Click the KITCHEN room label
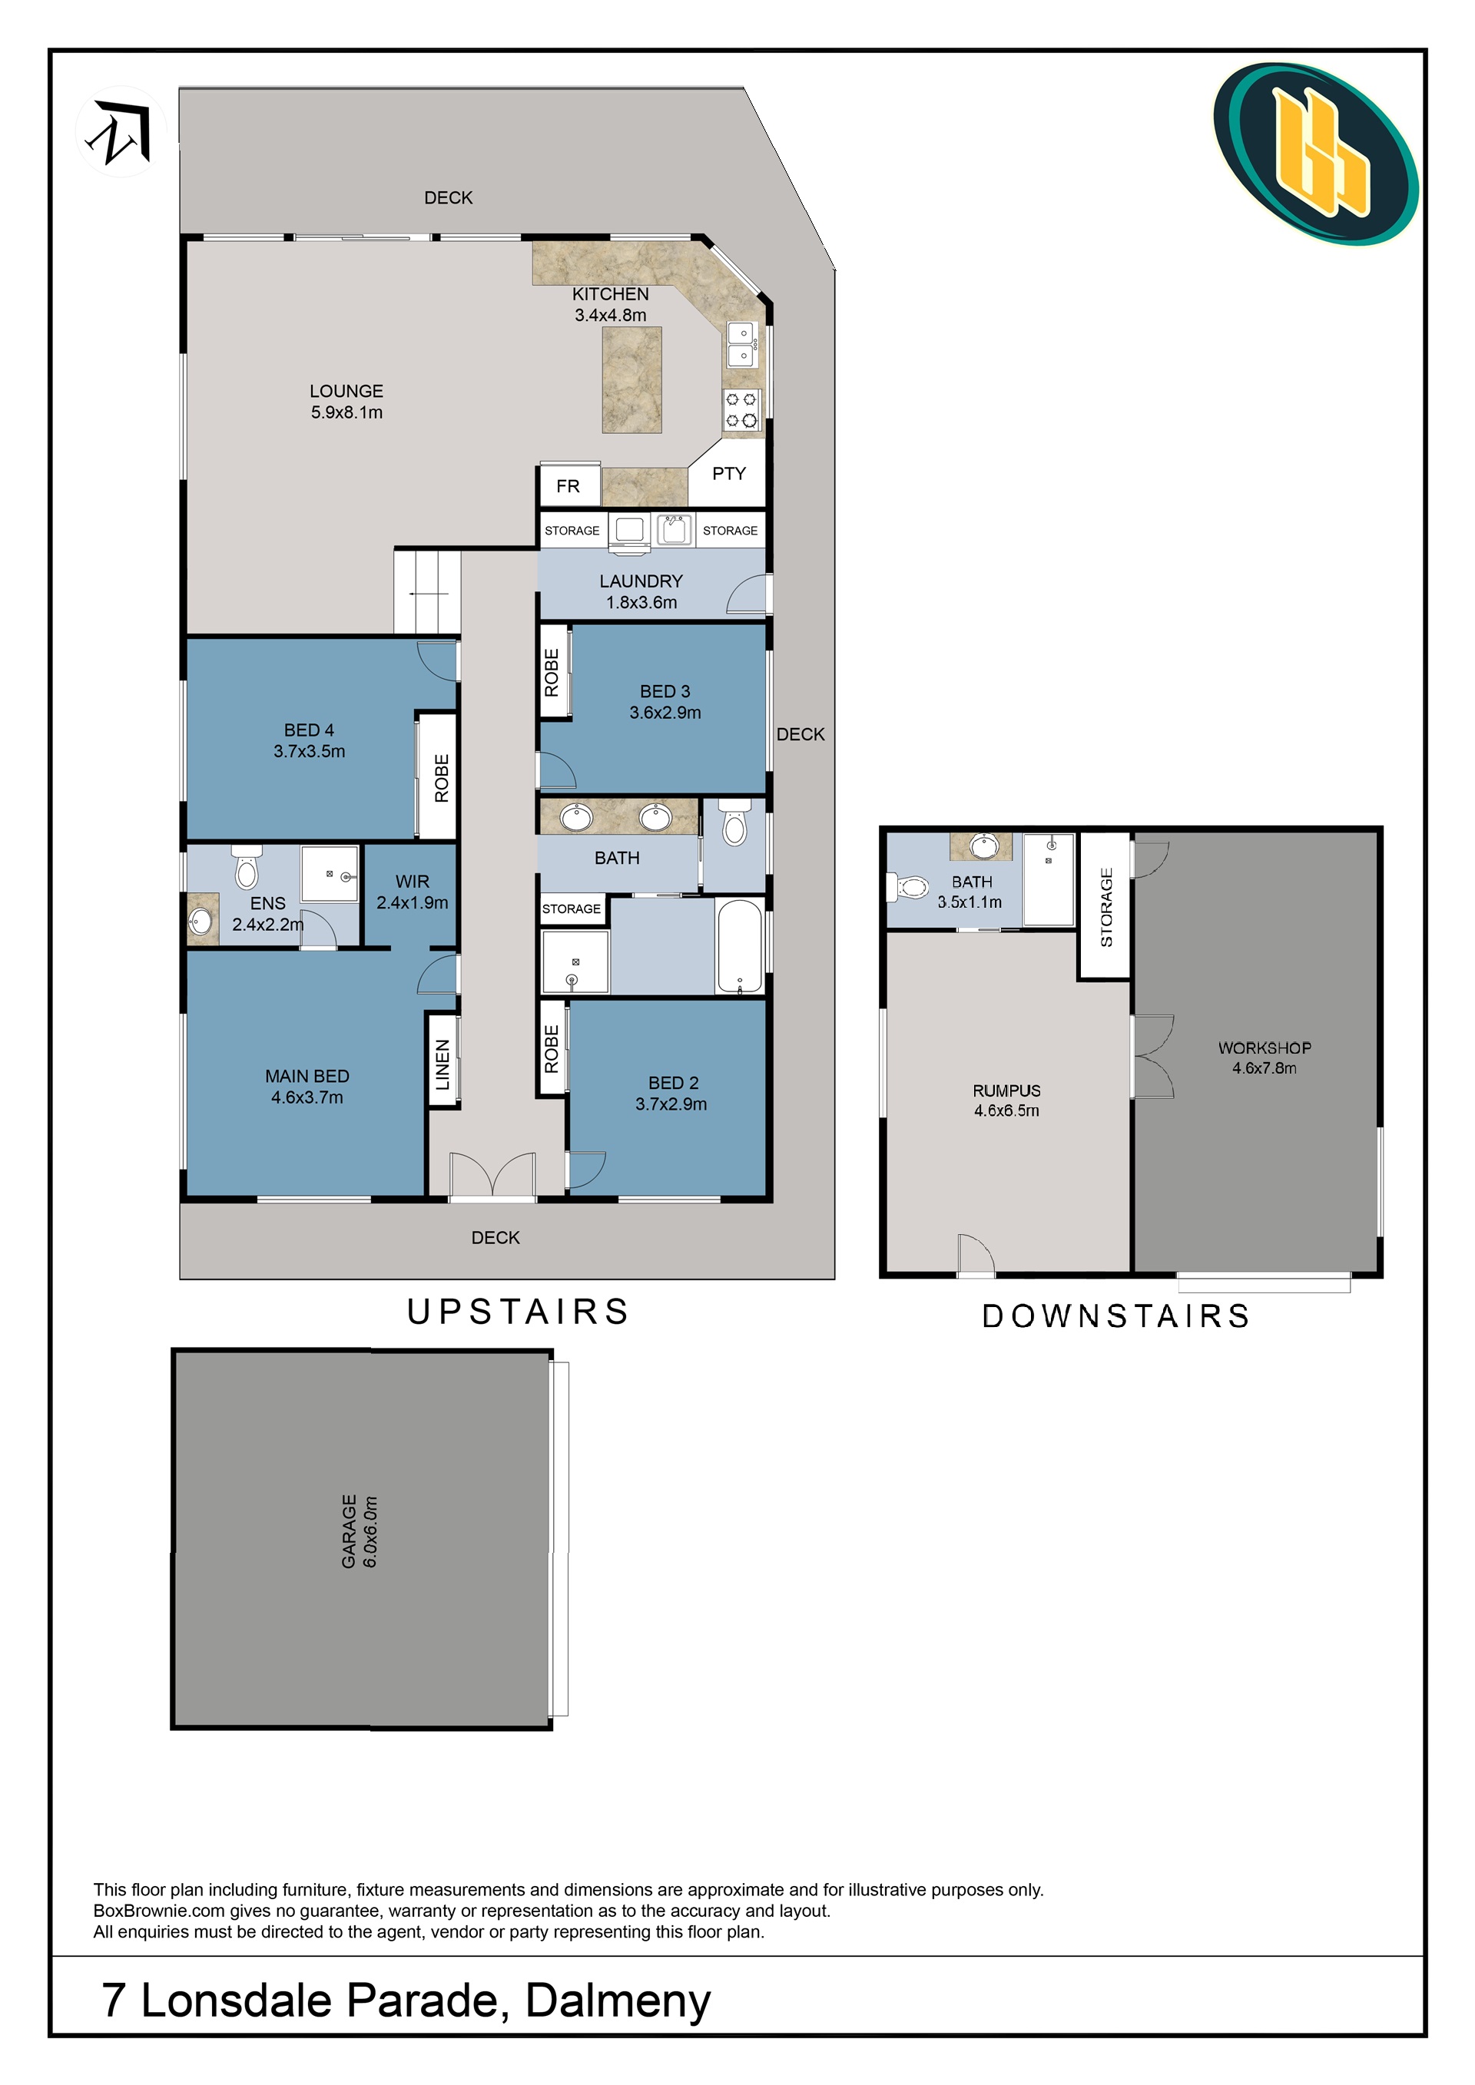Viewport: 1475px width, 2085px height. (610, 294)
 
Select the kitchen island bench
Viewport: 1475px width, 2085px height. (631, 379)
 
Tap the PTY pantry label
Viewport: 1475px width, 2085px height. (728, 473)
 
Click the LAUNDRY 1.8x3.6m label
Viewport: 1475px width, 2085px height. (641, 591)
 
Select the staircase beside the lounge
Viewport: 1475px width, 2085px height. (427, 591)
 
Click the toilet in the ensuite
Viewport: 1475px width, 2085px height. (246, 866)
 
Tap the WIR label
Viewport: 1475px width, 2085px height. (413, 881)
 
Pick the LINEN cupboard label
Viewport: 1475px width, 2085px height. (443, 1064)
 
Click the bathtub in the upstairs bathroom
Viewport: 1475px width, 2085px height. (741, 945)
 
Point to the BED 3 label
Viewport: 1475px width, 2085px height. (665, 691)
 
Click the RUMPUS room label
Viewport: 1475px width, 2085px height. (1006, 1090)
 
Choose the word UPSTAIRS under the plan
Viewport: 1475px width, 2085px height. (518, 1312)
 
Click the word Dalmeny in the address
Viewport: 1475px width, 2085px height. (618, 2000)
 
